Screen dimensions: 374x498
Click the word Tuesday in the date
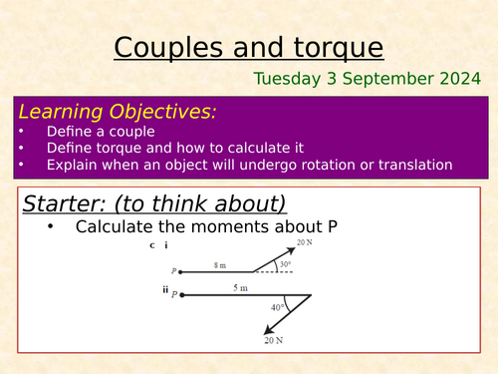click(287, 79)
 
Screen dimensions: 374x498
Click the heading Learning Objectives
click(119, 112)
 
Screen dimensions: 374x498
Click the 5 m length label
click(241, 288)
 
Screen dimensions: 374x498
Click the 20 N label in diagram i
click(303, 244)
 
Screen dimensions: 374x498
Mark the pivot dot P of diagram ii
click(180, 294)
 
